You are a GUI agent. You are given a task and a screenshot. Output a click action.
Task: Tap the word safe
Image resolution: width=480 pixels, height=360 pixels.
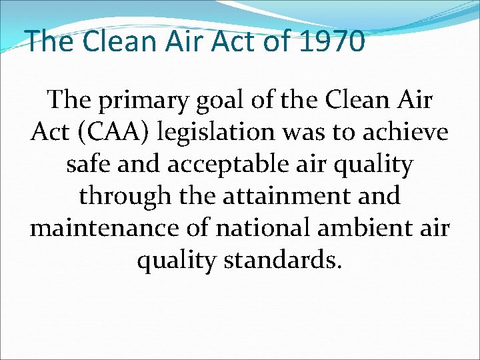click(90, 165)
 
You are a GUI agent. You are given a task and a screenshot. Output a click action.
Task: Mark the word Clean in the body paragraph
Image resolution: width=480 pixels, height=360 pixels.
click(354, 101)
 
